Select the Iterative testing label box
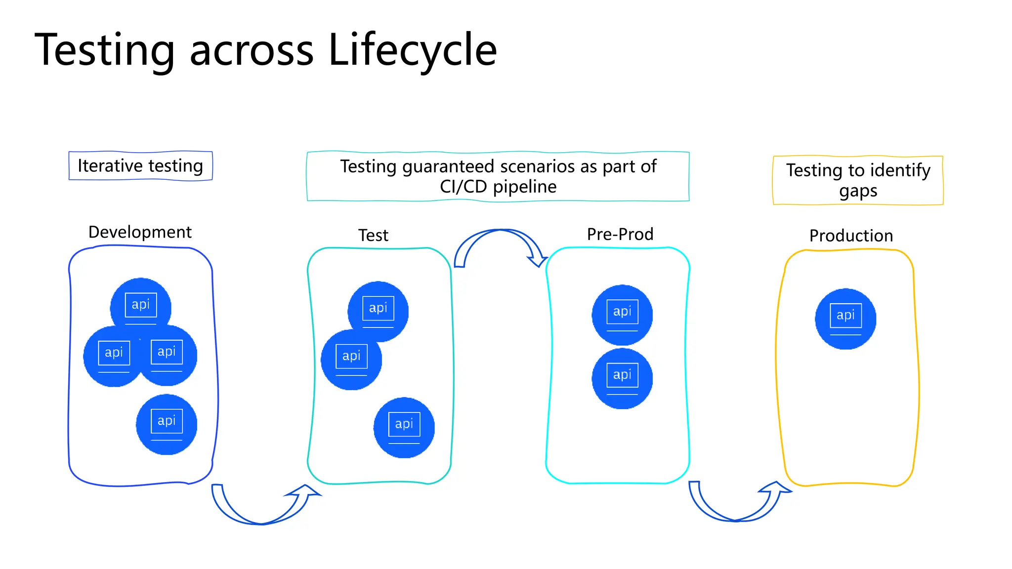tap(140, 166)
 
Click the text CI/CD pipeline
tap(498, 187)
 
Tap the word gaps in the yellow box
tap(858, 191)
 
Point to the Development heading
tap(140, 232)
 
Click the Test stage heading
tap(373, 235)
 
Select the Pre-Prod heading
tap(620, 234)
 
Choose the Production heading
tap(851, 236)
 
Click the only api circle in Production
tap(845, 319)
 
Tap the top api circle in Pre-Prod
tap(622, 315)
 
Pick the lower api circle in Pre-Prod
tap(622, 378)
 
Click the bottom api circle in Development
tap(167, 424)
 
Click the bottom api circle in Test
tap(404, 427)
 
